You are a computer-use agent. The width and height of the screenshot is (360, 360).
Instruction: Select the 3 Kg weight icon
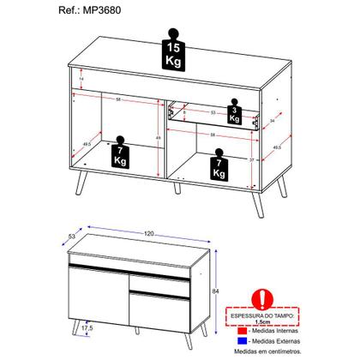(233, 114)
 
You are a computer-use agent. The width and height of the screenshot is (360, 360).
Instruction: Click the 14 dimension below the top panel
(81, 79)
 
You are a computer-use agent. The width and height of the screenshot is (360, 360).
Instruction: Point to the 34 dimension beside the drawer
(273, 121)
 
